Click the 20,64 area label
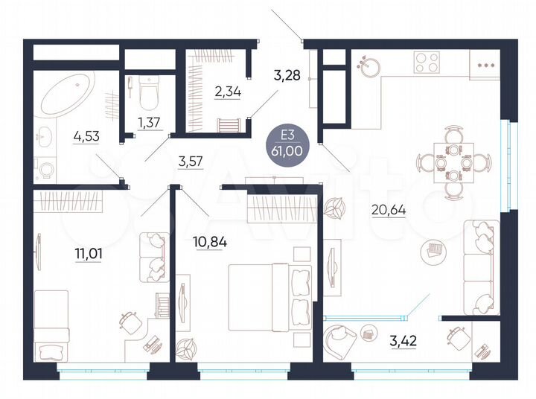[388, 209]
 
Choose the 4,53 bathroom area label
[88, 136]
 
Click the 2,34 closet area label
[207, 92]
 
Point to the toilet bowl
[147, 93]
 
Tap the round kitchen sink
[368, 65]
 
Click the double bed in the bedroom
[269, 296]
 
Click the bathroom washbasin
[45, 136]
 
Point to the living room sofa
[477, 261]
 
